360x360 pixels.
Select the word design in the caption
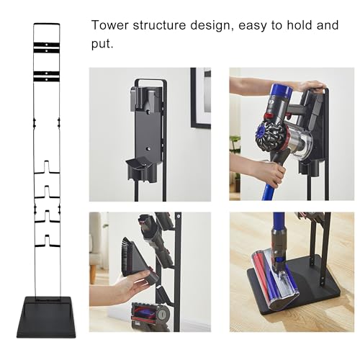(212, 26)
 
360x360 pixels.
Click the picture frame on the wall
(201, 97)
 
